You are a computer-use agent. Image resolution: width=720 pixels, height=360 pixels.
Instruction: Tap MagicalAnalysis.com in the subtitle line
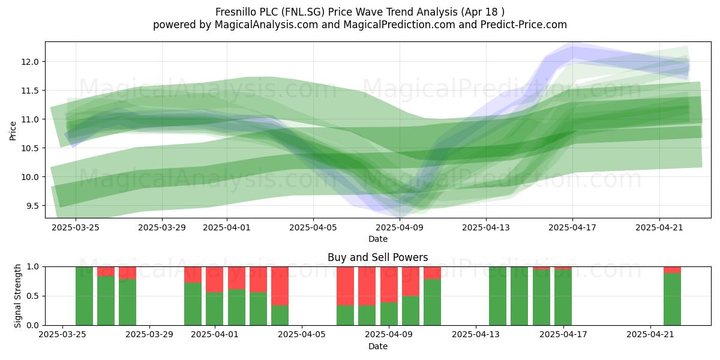266,25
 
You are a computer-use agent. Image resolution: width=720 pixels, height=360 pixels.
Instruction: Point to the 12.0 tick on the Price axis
29,62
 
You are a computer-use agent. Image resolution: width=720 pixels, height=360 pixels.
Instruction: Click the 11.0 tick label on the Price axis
29,119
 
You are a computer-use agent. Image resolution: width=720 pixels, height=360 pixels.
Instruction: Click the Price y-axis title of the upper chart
13,131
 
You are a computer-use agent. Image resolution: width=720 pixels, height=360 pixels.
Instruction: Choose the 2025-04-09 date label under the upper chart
400,227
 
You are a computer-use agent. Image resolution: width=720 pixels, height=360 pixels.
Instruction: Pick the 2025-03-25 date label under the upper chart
76,227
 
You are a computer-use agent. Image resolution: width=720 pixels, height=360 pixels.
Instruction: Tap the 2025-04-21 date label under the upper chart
659,227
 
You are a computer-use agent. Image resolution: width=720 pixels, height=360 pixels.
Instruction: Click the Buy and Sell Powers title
377,257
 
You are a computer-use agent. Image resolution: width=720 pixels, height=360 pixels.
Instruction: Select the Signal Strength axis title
17,296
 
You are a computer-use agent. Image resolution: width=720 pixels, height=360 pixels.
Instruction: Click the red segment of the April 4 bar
280,286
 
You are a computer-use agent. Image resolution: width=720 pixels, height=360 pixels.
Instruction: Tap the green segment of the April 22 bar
672,299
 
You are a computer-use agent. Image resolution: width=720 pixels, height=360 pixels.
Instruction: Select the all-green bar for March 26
84,296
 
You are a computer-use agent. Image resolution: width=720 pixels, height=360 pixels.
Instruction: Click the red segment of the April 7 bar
345,286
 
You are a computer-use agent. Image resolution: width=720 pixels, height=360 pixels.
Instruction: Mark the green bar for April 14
497,296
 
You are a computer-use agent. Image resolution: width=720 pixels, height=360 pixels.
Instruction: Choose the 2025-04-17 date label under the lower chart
563,334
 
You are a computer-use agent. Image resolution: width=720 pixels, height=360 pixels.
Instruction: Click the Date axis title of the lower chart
377,346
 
